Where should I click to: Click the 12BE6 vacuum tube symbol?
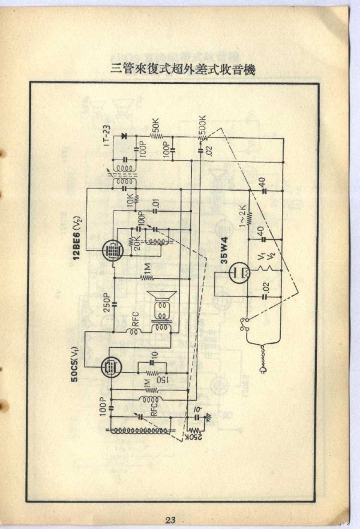110,250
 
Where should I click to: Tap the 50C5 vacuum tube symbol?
110,367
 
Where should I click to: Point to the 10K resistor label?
130,203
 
